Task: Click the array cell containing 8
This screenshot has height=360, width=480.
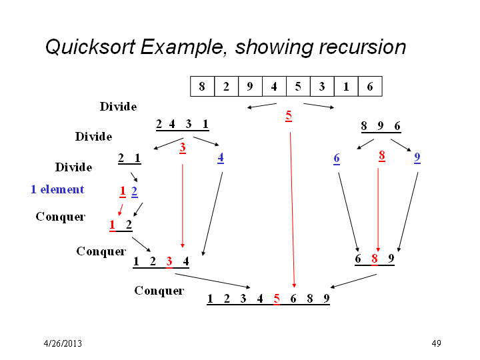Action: [202, 86]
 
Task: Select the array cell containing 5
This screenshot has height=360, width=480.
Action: [298, 86]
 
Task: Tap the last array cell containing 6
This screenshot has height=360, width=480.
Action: [370, 86]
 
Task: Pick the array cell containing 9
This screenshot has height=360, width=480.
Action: [250, 86]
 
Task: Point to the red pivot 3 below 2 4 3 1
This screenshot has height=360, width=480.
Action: [183, 148]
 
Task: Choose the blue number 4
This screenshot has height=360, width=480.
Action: [221, 158]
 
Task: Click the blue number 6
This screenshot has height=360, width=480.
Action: [337, 159]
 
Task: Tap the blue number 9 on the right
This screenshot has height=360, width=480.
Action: [417, 158]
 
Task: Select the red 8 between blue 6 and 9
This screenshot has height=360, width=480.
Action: [382, 156]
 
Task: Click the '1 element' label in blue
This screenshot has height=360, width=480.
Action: [57, 189]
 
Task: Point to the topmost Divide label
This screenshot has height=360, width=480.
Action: [118, 107]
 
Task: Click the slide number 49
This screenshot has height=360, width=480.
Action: [437, 343]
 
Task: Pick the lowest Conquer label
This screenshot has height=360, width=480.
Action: [159, 291]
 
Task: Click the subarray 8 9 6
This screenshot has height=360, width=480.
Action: [380, 125]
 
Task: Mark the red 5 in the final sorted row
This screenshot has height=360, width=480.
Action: [277, 299]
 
